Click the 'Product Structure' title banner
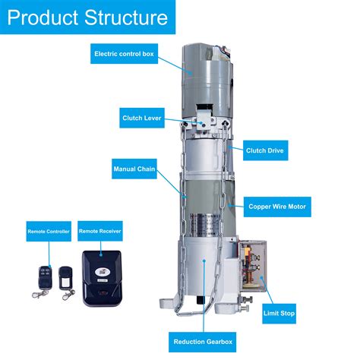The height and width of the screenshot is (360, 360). click(x=88, y=17)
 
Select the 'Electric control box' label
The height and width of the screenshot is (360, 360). click(x=124, y=54)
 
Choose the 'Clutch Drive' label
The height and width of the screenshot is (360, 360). click(x=265, y=150)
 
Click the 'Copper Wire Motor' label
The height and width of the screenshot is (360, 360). click(x=279, y=206)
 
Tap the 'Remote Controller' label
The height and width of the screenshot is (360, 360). click(x=48, y=230)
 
